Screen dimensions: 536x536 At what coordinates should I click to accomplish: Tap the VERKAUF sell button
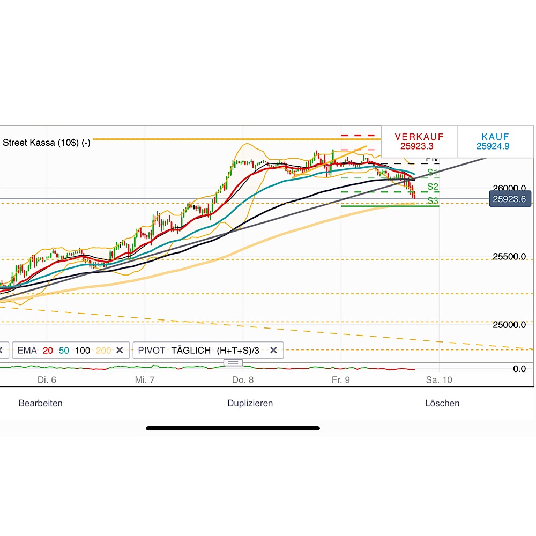point(419,141)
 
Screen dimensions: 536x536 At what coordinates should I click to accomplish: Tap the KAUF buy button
point(495,141)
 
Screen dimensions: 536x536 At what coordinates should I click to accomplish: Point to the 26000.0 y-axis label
point(509,188)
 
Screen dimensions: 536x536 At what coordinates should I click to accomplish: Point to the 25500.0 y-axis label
point(509,257)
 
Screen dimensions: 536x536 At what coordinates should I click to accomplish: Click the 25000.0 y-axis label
point(509,325)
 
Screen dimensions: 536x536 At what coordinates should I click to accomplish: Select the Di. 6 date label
point(47,380)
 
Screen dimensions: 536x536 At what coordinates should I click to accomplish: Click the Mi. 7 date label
point(145,380)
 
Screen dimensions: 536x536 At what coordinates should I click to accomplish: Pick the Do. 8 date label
point(243,380)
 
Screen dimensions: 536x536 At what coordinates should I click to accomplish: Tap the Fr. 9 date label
point(341,380)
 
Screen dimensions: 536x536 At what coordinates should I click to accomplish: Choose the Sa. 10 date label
point(439,380)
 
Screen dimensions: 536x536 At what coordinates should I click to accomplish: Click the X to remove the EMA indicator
point(120,351)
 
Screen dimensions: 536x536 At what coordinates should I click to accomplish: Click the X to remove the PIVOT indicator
point(273,351)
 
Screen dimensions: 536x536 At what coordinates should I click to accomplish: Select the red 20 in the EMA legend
point(48,351)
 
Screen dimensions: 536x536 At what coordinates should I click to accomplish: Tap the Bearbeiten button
point(40,403)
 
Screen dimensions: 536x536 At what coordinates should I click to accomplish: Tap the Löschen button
point(442,403)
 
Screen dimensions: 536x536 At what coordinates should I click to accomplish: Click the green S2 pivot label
point(433,187)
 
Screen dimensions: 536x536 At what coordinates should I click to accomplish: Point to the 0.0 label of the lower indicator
point(519,369)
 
